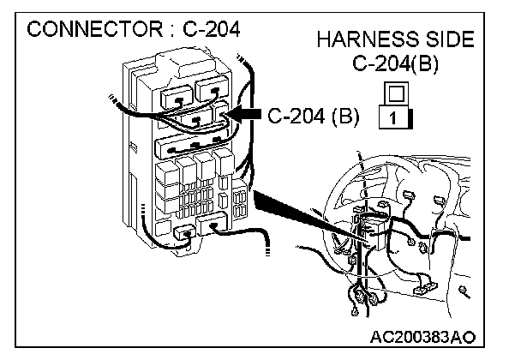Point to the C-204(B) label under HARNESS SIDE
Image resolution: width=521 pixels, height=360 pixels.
click(x=396, y=64)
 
